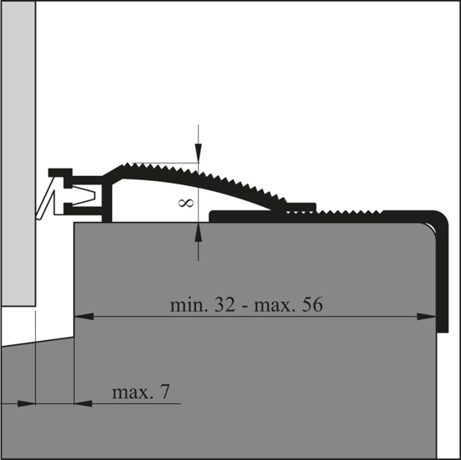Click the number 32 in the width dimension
[x=225, y=305]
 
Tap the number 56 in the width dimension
[x=313, y=305]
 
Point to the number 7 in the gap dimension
[x=165, y=392]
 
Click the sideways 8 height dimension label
[x=186, y=203]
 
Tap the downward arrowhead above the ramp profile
[x=198, y=153]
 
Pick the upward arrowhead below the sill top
[x=198, y=231]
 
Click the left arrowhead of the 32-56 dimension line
[x=84, y=317]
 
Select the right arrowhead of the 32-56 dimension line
[x=427, y=317]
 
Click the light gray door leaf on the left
[x=18, y=152]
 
